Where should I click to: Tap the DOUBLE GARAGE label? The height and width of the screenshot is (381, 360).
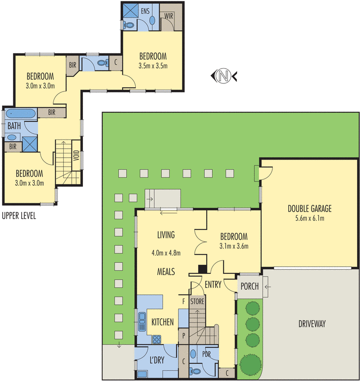click(x=309, y=208)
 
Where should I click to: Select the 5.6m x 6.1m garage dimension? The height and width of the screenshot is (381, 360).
click(x=309, y=219)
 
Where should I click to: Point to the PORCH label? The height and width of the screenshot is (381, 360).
click(x=249, y=287)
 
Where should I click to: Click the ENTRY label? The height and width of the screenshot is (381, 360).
click(x=213, y=285)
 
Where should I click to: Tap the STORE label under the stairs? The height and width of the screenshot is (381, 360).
click(x=197, y=301)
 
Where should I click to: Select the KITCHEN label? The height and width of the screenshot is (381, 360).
click(x=163, y=322)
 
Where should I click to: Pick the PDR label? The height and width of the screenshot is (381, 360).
click(x=207, y=354)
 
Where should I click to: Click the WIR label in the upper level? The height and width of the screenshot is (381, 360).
click(x=169, y=16)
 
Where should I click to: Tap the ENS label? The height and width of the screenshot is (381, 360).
click(x=146, y=10)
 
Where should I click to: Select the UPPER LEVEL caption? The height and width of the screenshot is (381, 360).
click(x=19, y=216)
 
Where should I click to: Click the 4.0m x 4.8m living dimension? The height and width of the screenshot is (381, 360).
click(x=166, y=253)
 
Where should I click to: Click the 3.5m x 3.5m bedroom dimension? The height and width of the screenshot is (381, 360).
click(x=153, y=66)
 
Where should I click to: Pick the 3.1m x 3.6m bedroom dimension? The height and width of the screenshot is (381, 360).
click(x=233, y=246)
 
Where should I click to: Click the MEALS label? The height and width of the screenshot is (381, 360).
click(x=166, y=271)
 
